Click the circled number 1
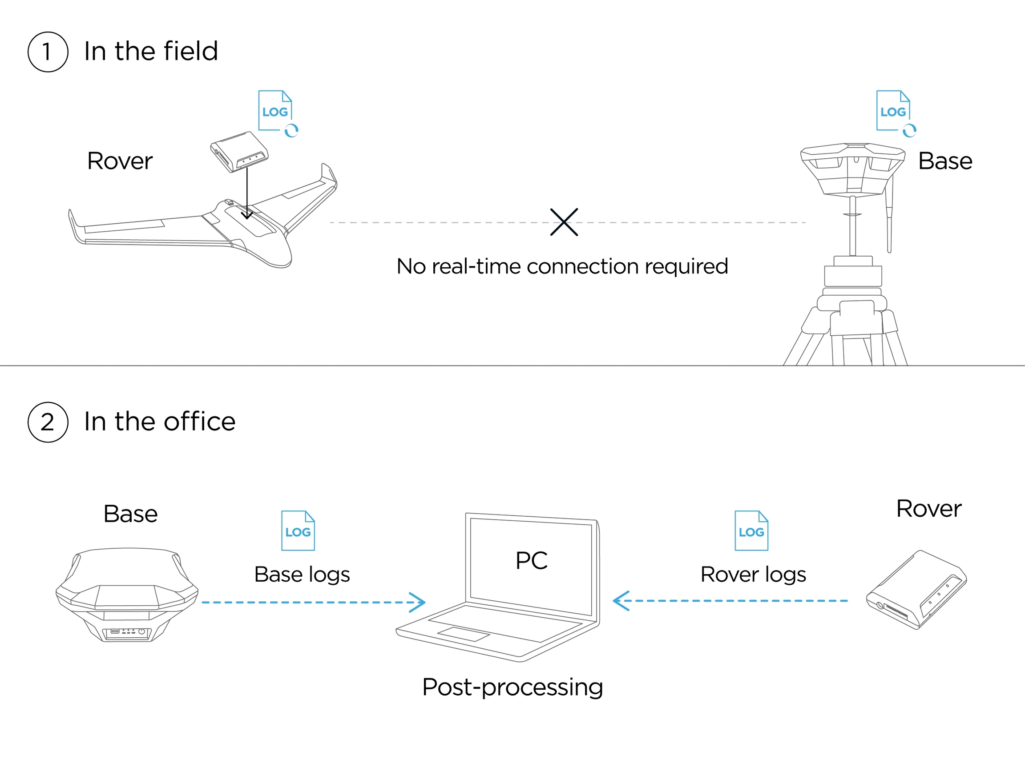click(x=48, y=52)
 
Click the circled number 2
click(x=48, y=422)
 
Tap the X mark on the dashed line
click(x=564, y=222)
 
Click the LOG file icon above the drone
click(x=275, y=111)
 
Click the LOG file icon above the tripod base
click(x=893, y=111)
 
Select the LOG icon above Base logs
click(x=298, y=531)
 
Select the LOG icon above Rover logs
click(x=751, y=531)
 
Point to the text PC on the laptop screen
click(x=532, y=560)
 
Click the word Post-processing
click(x=512, y=687)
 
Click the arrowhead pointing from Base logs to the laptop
click(x=419, y=602)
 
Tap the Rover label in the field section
click(x=120, y=161)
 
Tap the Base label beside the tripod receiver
click(x=945, y=161)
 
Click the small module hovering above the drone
click(x=239, y=152)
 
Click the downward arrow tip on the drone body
click(x=247, y=216)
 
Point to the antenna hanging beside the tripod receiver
click(x=889, y=218)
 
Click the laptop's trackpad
click(x=463, y=634)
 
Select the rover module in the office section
click(x=916, y=590)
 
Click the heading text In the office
click(x=159, y=422)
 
